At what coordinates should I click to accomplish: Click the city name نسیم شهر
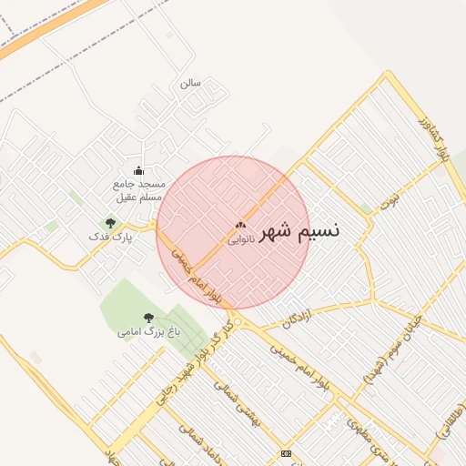[x=299, y=231]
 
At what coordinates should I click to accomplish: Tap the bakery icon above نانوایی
[x=240, y=225]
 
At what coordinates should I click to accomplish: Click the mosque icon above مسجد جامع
[x=138, y=170]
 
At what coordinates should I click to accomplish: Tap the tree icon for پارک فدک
[x=110, y=223]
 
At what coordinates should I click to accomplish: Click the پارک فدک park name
[x=110, y=237]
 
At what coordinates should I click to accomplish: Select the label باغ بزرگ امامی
[x=148, y=332]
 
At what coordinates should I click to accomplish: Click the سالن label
[x=189, y=83]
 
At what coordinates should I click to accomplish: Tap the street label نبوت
[x=390, y=197]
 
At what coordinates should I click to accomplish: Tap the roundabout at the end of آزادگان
[x=237, y=323]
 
